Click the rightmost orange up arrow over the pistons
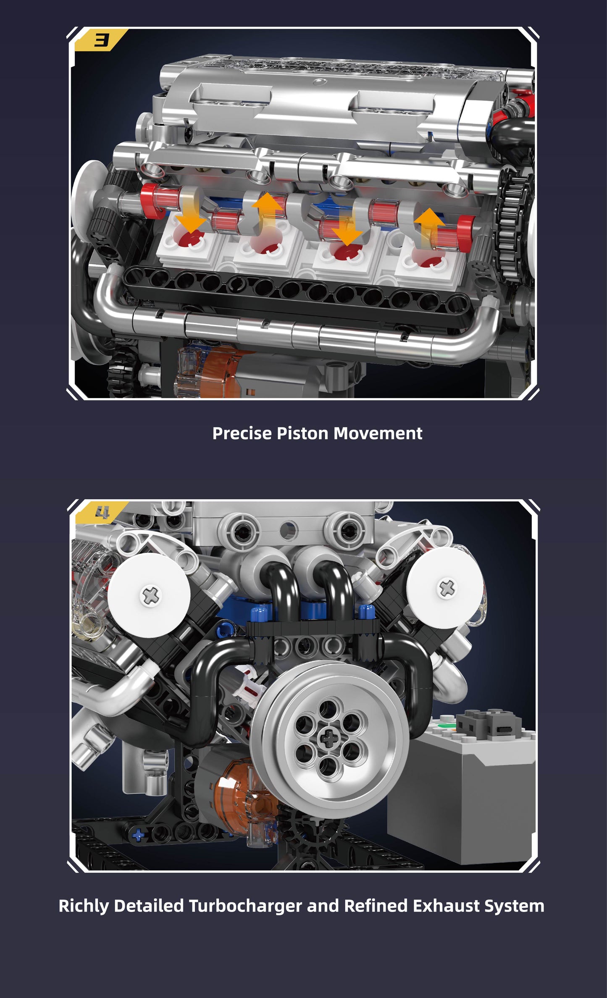(x=429, y=228)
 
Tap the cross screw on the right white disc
(x=447, y=588)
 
